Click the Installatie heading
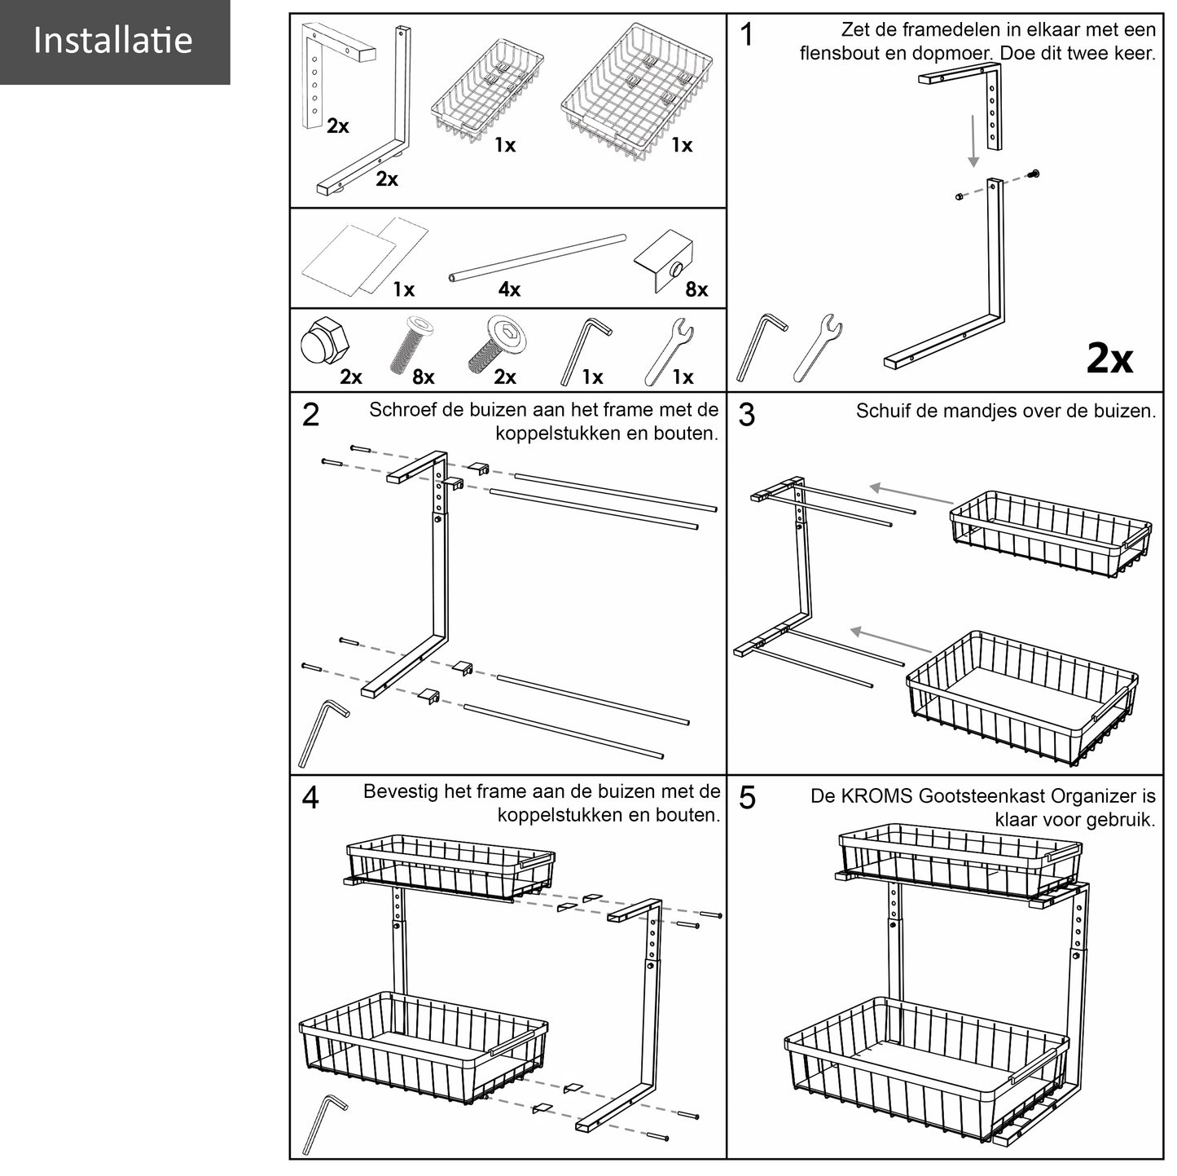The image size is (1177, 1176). [x=113, y=41]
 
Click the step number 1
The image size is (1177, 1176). [x=747, y=35]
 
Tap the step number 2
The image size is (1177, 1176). [x=310, y=415]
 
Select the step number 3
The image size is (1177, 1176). [x=747, y=415]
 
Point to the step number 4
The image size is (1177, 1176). [x=310, y=798]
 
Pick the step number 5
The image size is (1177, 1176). [x=747, y=798]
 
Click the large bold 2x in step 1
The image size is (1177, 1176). [x=1109, y=358]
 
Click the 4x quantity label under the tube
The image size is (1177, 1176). [x=509, y=289]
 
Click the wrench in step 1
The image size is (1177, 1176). [x=818, y=346]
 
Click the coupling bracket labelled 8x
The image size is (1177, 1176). [x=663, y=259]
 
